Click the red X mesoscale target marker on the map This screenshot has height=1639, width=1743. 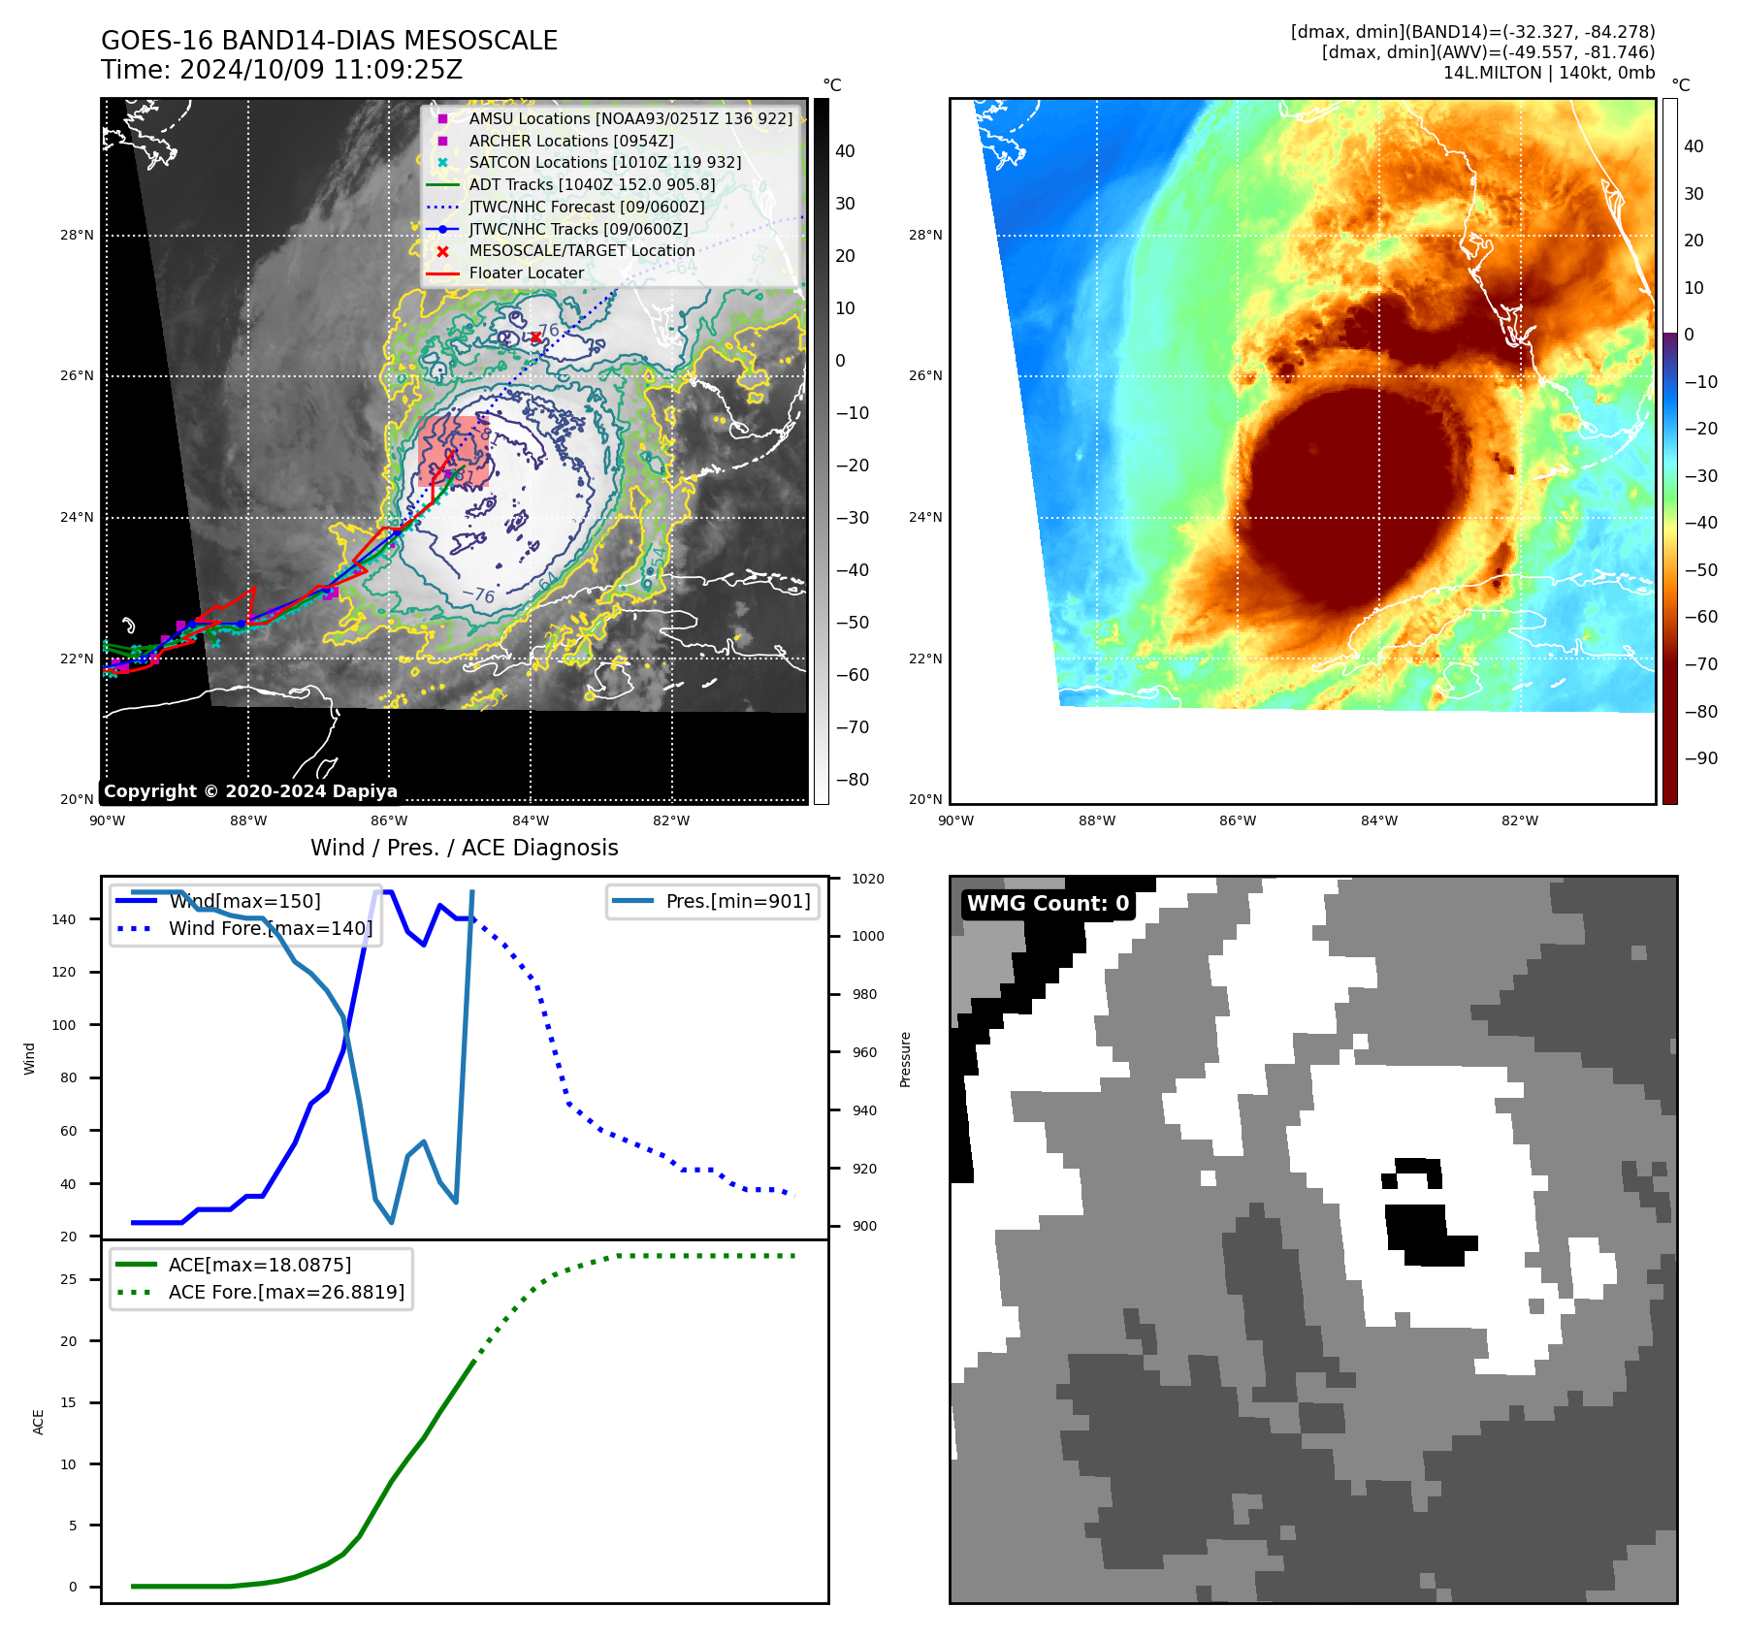coord(535,337)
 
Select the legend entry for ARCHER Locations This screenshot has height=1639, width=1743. coord(570,141)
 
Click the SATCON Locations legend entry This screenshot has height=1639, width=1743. coord(604,163)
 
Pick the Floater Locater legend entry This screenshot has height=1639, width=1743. coord(526,273)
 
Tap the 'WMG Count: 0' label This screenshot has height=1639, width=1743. coord(1048,904)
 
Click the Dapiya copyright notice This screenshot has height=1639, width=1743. coord(250,791)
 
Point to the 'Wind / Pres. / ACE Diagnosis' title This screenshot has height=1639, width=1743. coord(464,848)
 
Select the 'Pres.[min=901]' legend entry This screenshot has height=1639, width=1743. coord(737,901)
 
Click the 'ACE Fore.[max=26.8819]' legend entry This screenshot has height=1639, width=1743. coord(285,1292)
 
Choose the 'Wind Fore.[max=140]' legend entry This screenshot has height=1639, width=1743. coord(270,928)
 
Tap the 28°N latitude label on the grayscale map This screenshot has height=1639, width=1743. coord(78,235)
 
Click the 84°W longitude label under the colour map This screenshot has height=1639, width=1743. coord(1378,820)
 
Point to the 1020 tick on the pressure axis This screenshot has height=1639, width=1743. coord(867,879)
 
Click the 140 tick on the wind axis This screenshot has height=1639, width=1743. coord(64,919)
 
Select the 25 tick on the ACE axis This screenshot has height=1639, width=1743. coord(68,1279)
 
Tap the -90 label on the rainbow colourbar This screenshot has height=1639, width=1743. coord(1700,758)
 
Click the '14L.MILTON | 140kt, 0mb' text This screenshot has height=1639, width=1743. coord(1548,73)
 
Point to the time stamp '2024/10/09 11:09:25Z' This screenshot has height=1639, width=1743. coord(320,70)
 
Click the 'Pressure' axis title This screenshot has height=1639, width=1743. coord(905,1059)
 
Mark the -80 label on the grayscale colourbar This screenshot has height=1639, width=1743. coord(853,780)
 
